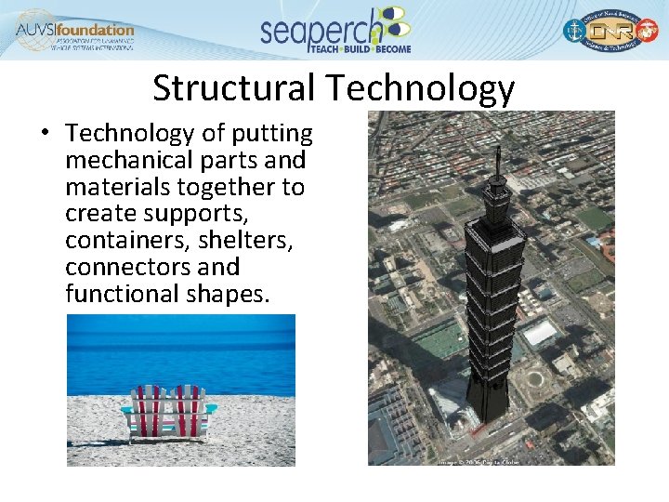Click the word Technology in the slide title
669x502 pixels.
click(x=419, y=89)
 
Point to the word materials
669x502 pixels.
click(x=117, y=187)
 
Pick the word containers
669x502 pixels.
click(x=120, y=240)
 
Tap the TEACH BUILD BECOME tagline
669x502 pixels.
click(x=360, y=48)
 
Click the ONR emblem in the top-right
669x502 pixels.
click(x=609, y=32)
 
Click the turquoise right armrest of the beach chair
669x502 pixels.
click(x=211, y=407)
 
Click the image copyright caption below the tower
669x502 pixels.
click(x=478, y=461)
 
